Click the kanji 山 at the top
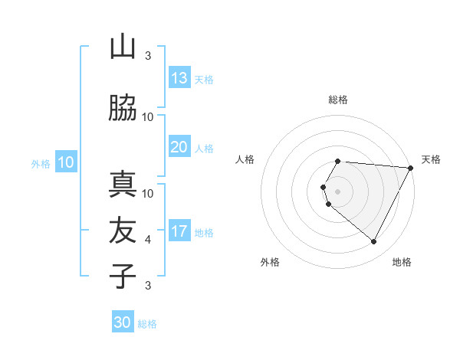(x=123, y=47)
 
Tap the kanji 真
(x=123, y=185)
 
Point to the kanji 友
(x=123, y=231)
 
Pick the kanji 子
(x=123, y=276)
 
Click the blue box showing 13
(x=179, y=78)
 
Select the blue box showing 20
(x=179, y=147)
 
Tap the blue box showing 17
(x=179, y=231)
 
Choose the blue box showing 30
(x=123, y=322)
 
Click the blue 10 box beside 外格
(x=66, y=162)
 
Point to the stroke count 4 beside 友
(x=148, y=240)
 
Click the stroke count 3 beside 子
(x=148, y=286)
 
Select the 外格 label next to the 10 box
(x=41, y=163)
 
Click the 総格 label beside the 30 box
(x=147, y=324)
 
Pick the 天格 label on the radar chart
(x=431, y=159)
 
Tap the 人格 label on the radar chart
(x=245, y=159)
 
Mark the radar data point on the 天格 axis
(x=411, y=168)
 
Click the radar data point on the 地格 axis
(x=374, y=242)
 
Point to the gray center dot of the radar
(x=338, y=191)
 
